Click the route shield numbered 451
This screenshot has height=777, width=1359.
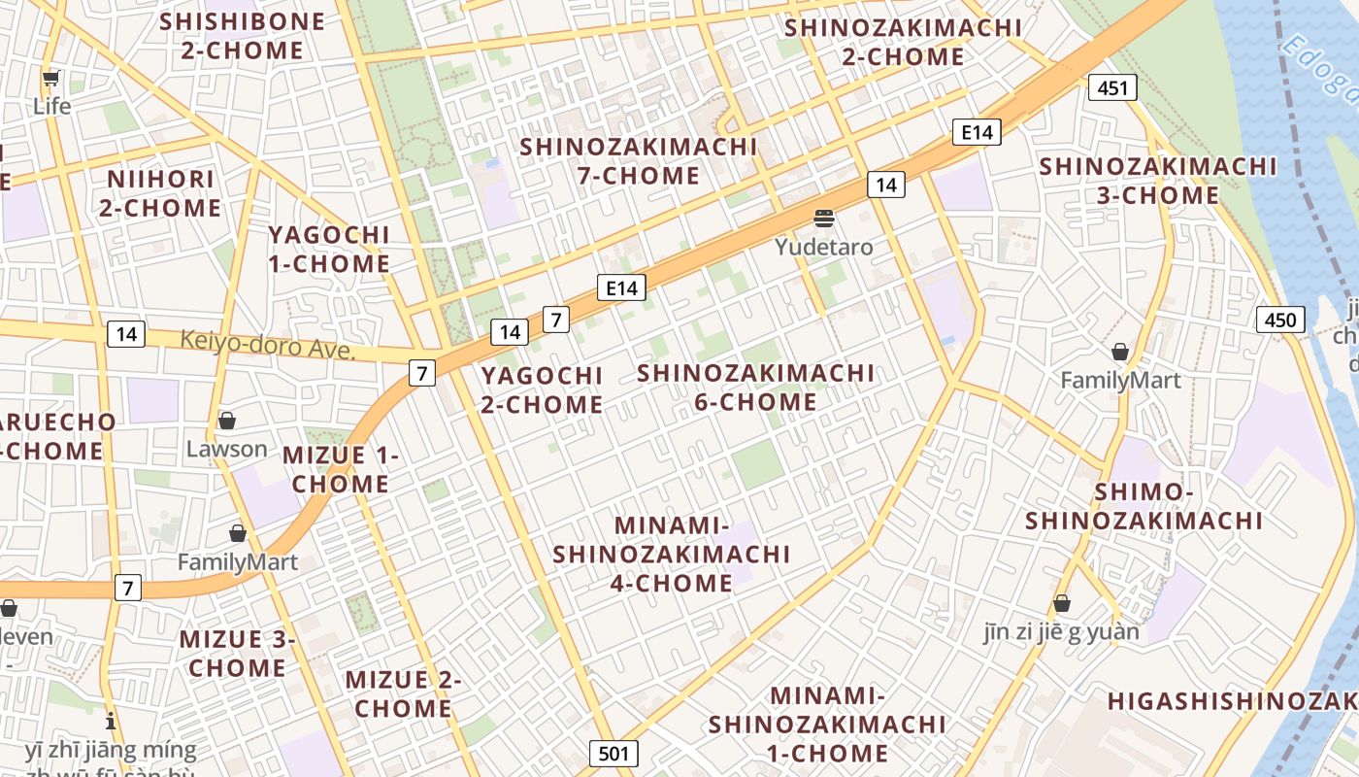1111,88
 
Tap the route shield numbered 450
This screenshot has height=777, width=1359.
1280,320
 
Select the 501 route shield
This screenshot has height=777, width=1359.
613,753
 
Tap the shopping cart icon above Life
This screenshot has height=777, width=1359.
51,79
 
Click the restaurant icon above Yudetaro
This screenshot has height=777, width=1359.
824,219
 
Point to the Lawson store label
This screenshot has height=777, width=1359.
226,449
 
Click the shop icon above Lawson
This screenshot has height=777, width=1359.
227,421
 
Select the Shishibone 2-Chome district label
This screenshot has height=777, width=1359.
243,36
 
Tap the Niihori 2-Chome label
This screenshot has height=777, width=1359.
160,193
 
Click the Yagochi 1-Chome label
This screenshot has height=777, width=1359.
329,249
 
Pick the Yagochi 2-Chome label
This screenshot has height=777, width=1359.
542,389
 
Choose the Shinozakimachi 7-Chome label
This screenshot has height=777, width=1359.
638,161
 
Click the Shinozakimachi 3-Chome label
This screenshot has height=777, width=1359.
1157,181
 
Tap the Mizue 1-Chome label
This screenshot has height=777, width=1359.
341,469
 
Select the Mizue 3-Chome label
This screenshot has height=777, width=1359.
238,654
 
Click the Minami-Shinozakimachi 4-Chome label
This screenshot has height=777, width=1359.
672,554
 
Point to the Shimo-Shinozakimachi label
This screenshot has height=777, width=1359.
1144,506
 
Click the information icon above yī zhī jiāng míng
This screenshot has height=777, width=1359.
111,722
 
